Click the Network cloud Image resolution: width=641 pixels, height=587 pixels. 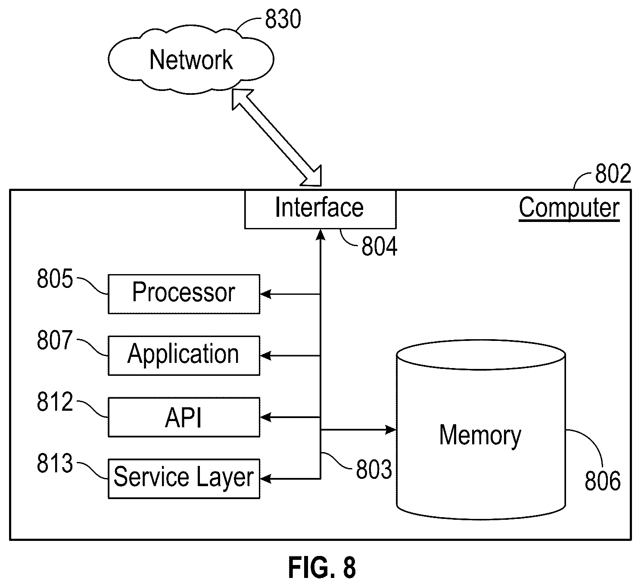click(x=191, y=60)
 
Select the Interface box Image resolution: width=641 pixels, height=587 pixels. click(x=320, y=209)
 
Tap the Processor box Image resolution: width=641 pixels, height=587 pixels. click(x=184, y=294)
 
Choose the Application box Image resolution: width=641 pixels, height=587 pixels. click(x=184, y=355)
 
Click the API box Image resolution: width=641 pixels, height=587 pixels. click(x=184, y=417)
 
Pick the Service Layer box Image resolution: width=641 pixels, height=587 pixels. click(x=184, y=479)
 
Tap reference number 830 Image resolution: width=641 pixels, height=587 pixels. click(x=283, y=19)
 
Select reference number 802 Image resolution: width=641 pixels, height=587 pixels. click(x=613, y=174)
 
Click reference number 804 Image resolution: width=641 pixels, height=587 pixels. click(x=379, y=247)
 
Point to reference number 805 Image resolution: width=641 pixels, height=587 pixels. click(x=55, y=279)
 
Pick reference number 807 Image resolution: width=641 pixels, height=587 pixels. click(x=55, y=340)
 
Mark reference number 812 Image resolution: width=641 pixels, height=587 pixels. click(x=55, y=402)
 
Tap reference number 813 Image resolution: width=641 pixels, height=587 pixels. click(x=55, y=463)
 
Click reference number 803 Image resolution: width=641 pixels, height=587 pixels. click(x=374, y=469)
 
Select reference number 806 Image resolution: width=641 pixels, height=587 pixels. click(x=603, y=481)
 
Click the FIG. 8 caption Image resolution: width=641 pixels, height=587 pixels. click(x=322, y=567)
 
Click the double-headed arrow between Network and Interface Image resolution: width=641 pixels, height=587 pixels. click(x=277, y=138)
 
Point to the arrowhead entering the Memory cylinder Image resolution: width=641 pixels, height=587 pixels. click(x=391, y=430)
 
